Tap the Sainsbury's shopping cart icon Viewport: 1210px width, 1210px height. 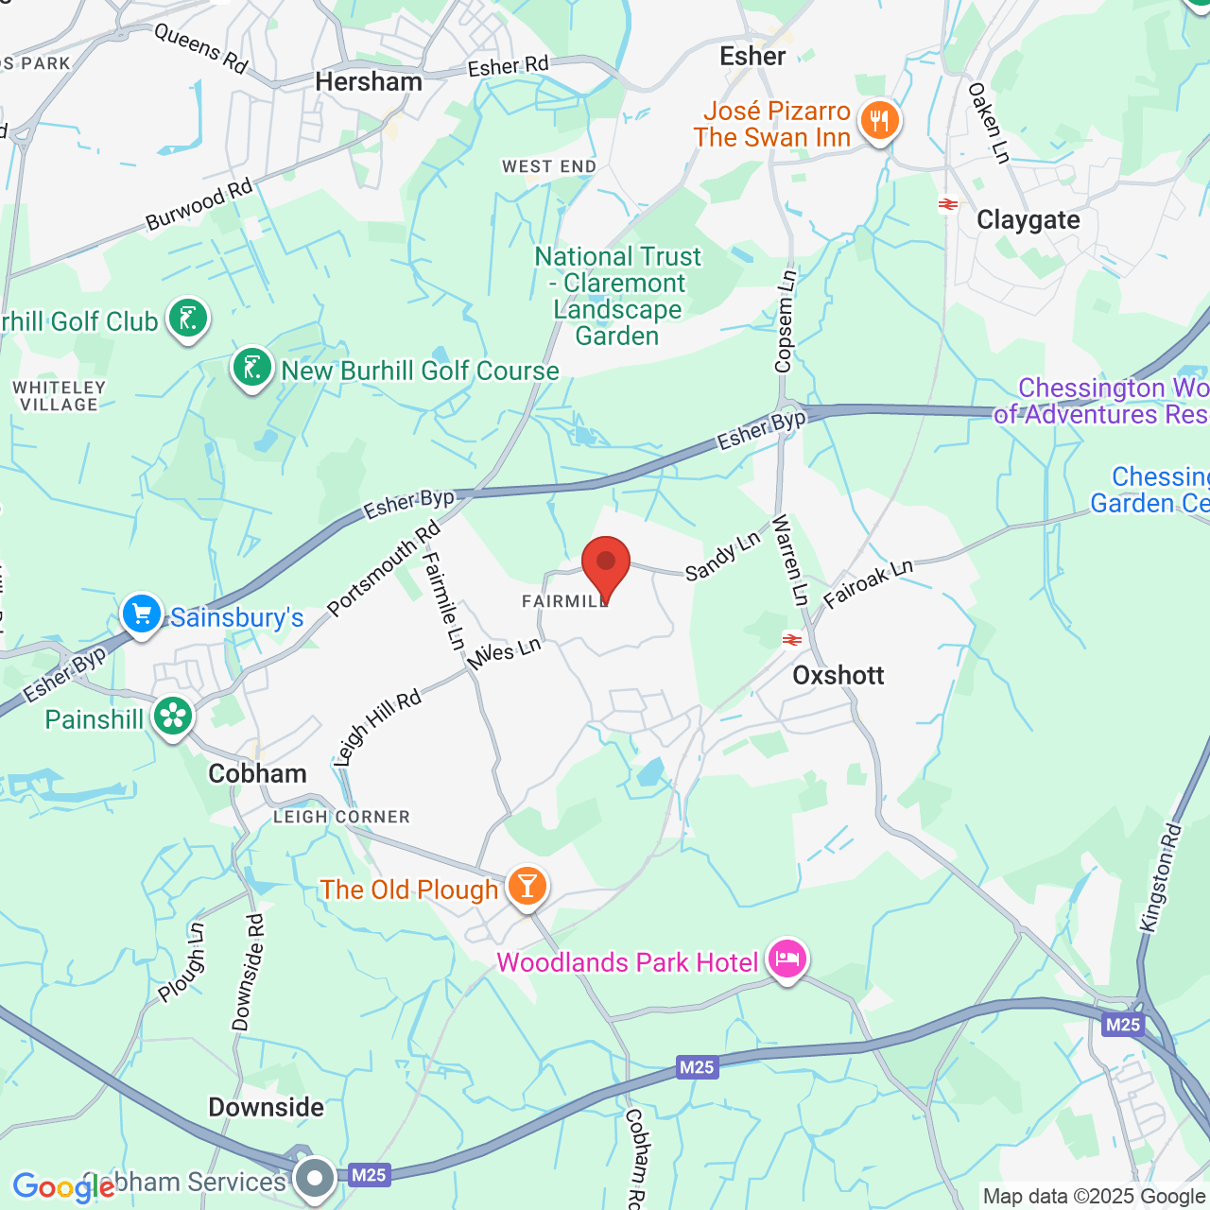pos(142,614)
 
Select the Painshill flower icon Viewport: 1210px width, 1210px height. pos(173,717)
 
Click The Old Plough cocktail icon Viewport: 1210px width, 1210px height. pos(527,887)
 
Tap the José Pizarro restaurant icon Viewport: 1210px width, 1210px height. pos(879,121)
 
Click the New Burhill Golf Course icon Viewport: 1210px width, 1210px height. pos(252,369)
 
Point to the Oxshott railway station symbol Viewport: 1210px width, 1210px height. pos(792,640)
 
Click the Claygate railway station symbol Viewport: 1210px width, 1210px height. pos(947,204)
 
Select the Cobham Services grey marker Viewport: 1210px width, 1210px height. pos(315,1178)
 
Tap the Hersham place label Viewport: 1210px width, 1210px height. pos(369,82)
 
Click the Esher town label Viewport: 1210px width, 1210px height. pos(752,57)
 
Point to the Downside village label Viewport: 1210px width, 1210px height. pos(266,1107)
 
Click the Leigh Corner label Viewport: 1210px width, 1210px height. pos(341,817)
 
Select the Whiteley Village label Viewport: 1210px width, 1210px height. pos(59,396)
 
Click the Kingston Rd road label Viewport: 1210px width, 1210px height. pos(1162,879)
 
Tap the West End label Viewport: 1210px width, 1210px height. pos(549,167)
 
